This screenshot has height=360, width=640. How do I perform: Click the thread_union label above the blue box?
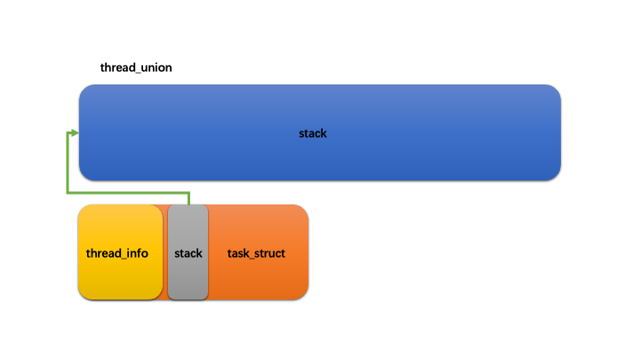pyautogui.click(x=136, y=68)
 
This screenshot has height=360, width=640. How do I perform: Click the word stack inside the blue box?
pyautogui.click(x=313, y=133)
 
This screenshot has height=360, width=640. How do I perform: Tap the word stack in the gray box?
pyautogui.click(x=188, y=253)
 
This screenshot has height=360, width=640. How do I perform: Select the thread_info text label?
pyautogui.click(x=117, y=253)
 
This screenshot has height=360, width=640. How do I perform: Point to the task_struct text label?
pyautogui.click(x=256, y=253)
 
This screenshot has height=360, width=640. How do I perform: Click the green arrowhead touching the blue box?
pyautogui.click(x=74, y=133)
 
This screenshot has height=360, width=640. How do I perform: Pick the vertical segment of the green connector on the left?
pyautogui.click(x=67, y=164)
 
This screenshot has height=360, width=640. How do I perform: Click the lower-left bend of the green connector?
pyautogui.click(x=68, y=192)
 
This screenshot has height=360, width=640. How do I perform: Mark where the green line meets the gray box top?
pyautogui.click(x=188, y=204)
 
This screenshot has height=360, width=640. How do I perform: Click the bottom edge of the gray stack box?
pyautogui.click(x=188, y=300)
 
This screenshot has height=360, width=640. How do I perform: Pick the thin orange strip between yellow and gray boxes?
pyautogui.click(x=165, y=253)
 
